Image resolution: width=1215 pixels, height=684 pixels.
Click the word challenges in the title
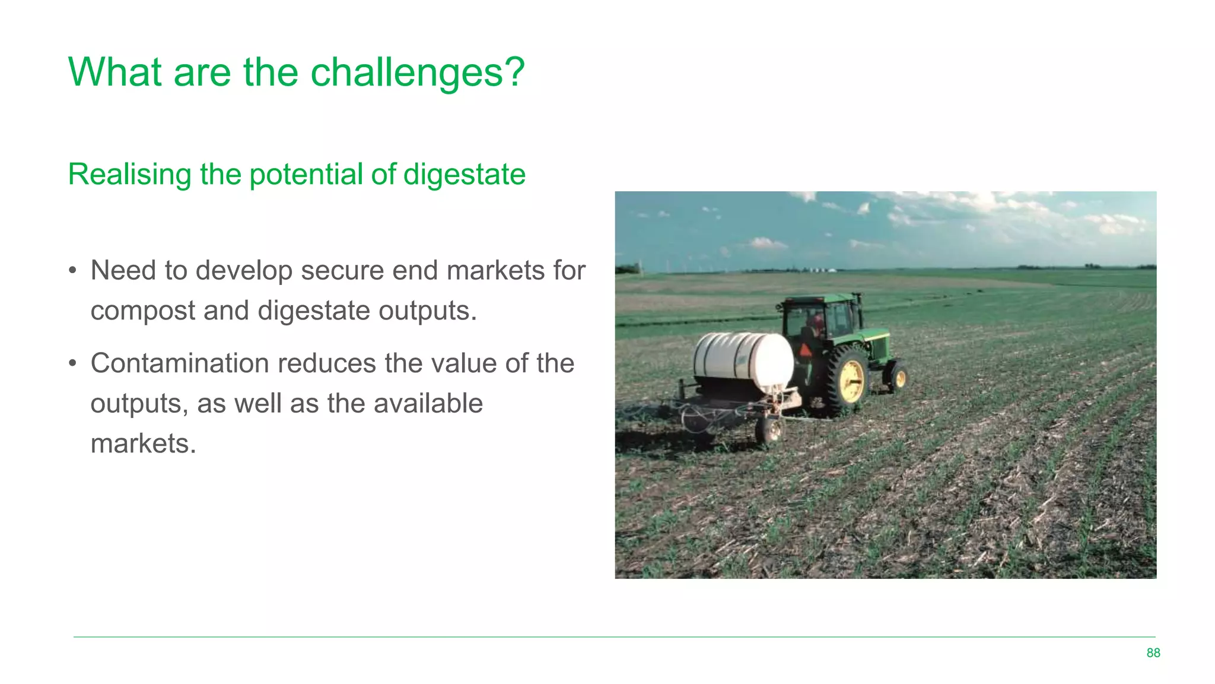(x=417, y=72)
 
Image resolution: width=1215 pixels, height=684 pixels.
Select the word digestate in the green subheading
(x=465, y=175)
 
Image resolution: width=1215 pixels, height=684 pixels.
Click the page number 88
(x=1153, y=653)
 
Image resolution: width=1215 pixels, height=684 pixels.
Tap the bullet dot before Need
(x=72, y=271)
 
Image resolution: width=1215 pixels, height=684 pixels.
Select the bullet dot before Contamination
(x=72, y=363)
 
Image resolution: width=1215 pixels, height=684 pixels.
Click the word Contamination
(x=180, y=363)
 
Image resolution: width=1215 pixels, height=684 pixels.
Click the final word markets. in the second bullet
(x=143, y=444)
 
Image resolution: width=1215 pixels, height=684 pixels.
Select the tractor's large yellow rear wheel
(x=849, y=380)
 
